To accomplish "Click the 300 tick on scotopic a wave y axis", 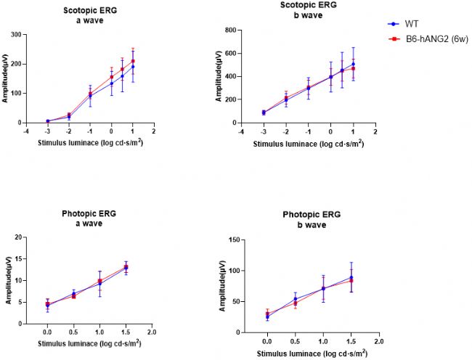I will point(15,34).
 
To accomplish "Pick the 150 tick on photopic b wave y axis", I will point(236,240).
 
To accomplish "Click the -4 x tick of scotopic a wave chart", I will point(26,131).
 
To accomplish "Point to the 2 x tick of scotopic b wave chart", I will point(375,131).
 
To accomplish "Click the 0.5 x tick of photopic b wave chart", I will point(295,340).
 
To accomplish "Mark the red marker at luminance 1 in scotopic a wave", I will point(133,62).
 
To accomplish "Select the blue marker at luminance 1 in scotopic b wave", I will point(353,64).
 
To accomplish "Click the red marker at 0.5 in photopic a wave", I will point(73,296).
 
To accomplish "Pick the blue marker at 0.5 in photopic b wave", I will point(295,299).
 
